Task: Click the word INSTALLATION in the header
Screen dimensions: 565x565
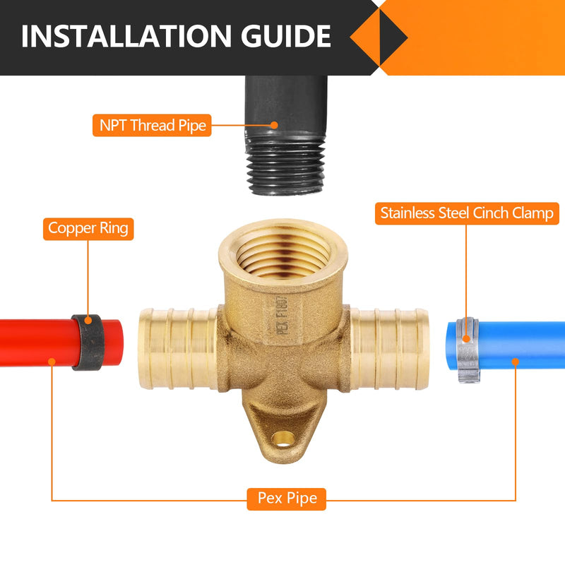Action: (126, 36)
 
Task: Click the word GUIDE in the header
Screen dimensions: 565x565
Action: (286, 36)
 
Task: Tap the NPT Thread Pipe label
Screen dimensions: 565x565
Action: (152, 126)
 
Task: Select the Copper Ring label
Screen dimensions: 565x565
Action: (88, 229)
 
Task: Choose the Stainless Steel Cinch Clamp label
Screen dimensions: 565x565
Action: (467, 213)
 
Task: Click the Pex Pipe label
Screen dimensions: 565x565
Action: (287, 499)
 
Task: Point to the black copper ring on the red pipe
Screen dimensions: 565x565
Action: (88, 343)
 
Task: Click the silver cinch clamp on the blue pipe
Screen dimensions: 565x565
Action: (468, 349)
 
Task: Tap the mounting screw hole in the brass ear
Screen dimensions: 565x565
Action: (283, 439)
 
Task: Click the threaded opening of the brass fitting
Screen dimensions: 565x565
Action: (283, 255)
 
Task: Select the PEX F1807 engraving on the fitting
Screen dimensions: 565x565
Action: (282, 316)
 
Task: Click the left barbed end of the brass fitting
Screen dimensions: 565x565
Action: (179, 349)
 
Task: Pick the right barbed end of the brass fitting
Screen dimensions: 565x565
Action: (389, 349)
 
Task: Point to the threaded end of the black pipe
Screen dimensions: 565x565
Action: (286, 164)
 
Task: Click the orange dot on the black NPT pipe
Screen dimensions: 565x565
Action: (275, 125)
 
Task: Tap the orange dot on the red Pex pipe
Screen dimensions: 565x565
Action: (52, 361)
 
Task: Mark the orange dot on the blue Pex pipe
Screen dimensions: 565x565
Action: (516, 361)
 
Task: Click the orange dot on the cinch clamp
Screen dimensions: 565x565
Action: (466, 339)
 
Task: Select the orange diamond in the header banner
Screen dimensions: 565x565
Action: (379, 37)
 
